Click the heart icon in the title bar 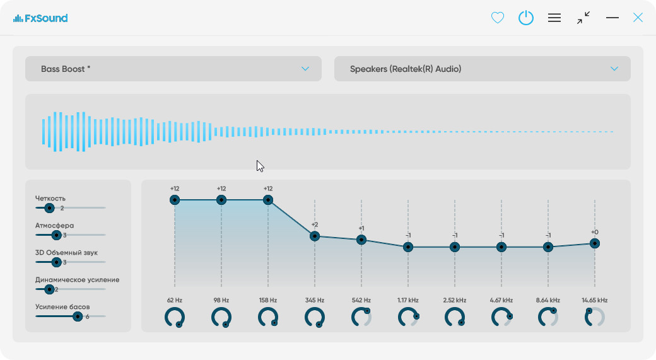click(x=498, y=18)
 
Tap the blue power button click(x=526, y=18)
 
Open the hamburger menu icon click(x=554, y=18)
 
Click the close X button click(x=638, y=18)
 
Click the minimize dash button click(x=612, y=18)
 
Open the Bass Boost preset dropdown click(x=173, y=69)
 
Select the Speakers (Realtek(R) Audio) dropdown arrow click(x=614, y=69)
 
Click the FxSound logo click(x=40, y=18)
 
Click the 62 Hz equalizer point click(x=175, y=200)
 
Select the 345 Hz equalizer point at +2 click(x=315, y=236)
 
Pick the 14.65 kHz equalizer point click(x=595, y=243)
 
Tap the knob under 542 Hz click(x=361, y=317)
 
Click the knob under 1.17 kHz click(x=408, y=317)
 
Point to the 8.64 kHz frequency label click(x=548, y=300)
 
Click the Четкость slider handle click(x=49, y=207)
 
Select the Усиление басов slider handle click(x=78, y=316)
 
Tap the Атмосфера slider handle click(x=56, y=235)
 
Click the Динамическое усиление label click(x=77, y=279)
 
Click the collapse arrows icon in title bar click(x=583, y=18)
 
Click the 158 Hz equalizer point click(x=268, y=200)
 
